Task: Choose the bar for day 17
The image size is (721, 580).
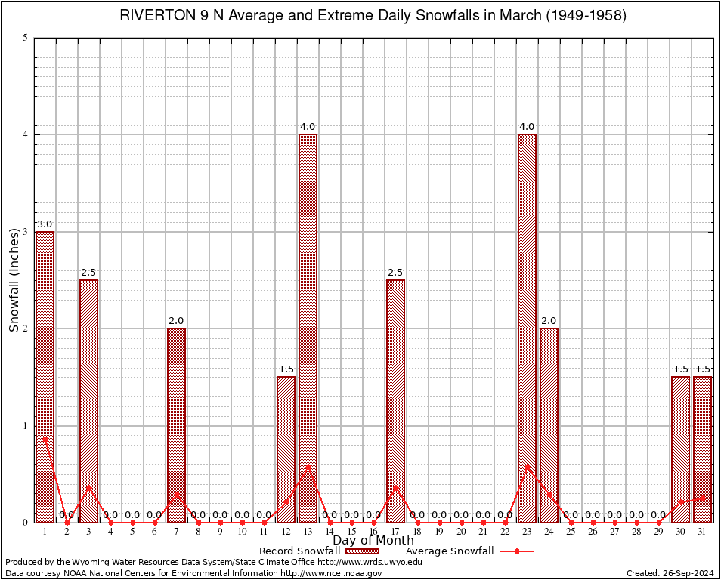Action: coord(395,400)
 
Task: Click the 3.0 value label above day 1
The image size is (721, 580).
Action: coord(45,224)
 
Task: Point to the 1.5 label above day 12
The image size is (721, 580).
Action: coord(286,369)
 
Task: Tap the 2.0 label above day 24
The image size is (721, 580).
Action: coord(549,321)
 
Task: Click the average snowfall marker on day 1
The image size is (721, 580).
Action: coord(45,439)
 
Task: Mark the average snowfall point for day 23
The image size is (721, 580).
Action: coord(527,467)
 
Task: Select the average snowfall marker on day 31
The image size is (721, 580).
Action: coord(703,498)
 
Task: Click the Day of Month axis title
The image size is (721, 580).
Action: coord(373,541)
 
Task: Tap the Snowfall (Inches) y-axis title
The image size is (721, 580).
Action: coord(14,279)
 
